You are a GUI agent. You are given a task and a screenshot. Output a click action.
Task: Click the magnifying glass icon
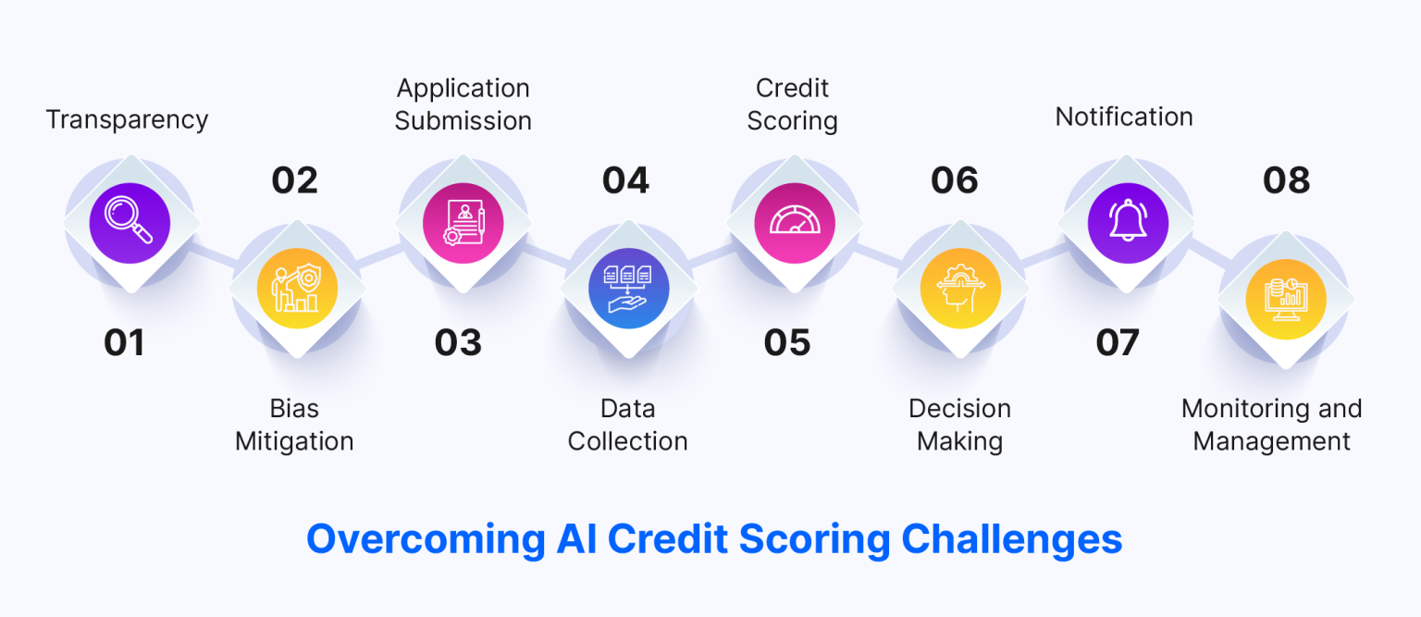tap(130, 223)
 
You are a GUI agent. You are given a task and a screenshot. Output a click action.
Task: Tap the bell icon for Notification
tap(1128, 223)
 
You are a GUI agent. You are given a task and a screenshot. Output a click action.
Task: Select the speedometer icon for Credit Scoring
tap(795, 223)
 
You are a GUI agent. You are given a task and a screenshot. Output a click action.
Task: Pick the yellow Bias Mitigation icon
tap(296, 289)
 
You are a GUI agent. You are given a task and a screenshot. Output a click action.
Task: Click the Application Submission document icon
tap(463, 223)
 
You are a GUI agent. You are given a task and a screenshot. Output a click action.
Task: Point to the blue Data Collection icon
tap(628, 289)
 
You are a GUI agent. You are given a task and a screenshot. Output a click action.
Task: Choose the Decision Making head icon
tap(960, 289)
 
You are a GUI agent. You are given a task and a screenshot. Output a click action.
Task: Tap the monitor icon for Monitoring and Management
tap(1286, 298)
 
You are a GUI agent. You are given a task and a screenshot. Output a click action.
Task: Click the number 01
tap(124, 343)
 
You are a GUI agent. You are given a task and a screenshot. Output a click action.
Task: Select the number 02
tap(294, 180)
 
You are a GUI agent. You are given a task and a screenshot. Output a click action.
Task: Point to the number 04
tap(626, 180)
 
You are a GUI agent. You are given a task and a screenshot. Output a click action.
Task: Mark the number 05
tap(787, 343)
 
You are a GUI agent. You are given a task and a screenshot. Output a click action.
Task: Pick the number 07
tap(1117, 343)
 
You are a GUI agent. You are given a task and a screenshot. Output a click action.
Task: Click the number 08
tap(1286, 180)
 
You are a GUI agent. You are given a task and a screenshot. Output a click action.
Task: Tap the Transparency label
tap(128, 119)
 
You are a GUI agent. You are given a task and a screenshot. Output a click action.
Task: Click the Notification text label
tap(1124, 117)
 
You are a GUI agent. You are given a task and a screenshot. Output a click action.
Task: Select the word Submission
tap(463, 121)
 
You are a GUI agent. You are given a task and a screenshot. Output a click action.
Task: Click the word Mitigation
tap(294, 441)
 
